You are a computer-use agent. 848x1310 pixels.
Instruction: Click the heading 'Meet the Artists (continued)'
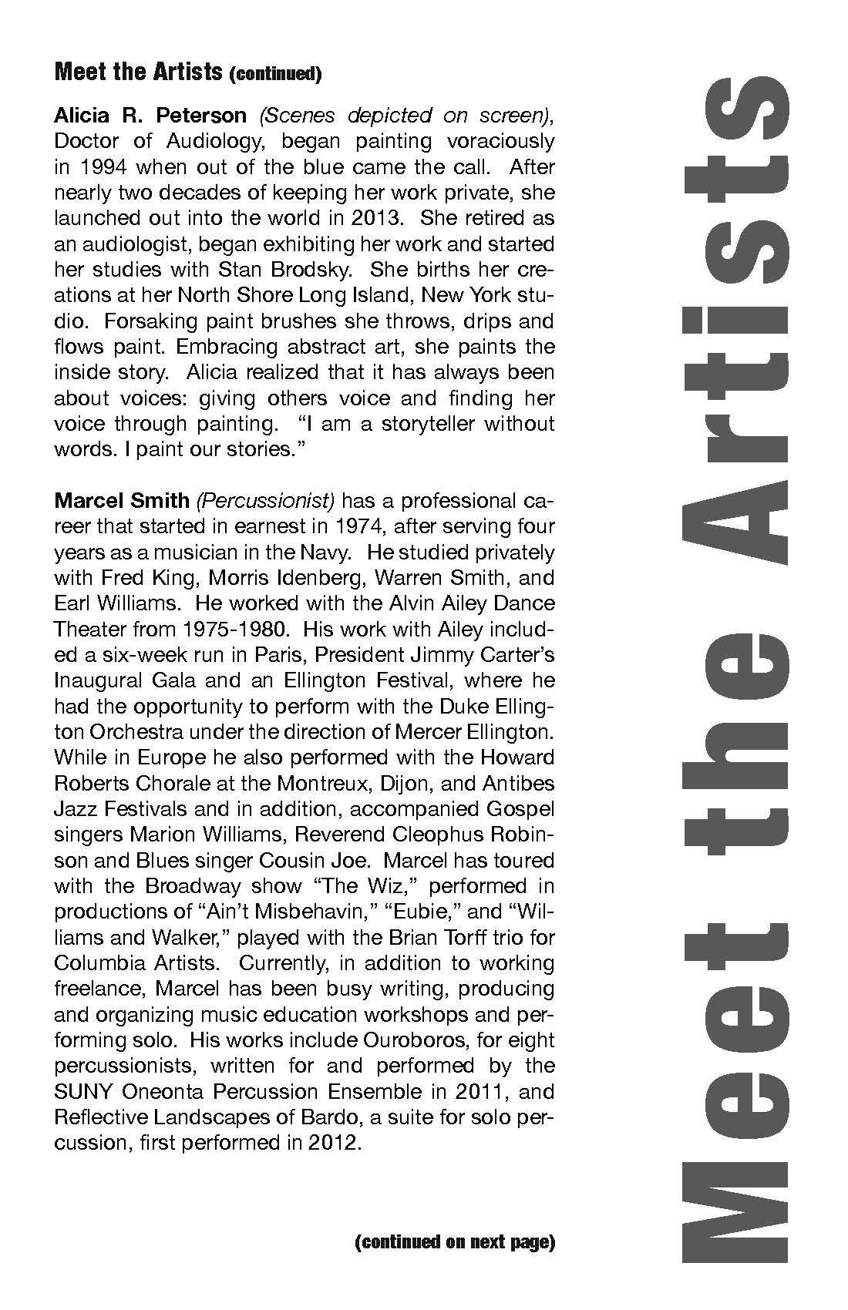187,73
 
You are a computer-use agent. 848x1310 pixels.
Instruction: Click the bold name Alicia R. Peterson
150,116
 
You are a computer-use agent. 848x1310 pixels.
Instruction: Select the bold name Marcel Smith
121,501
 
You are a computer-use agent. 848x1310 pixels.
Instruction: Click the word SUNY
79,1092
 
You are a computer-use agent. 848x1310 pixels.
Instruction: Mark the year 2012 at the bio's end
335,1143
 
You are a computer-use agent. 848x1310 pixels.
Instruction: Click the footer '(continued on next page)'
455,1243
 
